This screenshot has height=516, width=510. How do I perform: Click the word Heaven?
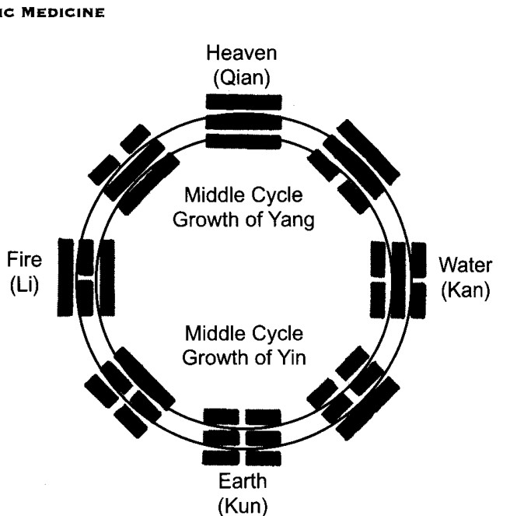(241, 53)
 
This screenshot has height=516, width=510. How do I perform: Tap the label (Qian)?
(242, 78)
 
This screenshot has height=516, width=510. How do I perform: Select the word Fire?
(24, 259)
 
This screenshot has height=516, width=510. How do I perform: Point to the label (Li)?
(24, 285)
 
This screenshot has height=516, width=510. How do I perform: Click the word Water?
(465, 265)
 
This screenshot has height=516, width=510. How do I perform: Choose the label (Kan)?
(465, 290)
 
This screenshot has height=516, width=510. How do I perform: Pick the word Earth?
(243, 481)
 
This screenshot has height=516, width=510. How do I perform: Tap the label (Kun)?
(243, 506)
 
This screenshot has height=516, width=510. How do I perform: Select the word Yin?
(292, 357)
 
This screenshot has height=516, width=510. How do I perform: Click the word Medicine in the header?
(63, 12)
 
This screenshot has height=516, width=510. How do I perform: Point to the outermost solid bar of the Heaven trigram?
(243, 102)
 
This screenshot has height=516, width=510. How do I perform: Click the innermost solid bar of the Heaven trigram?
(243, 141)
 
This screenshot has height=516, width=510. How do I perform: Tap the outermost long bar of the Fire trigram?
(65, 277)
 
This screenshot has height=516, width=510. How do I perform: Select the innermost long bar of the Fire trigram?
(107, 278)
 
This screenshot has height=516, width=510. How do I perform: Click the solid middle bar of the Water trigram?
(399, 280)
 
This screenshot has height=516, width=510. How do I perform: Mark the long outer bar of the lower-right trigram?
(368, 409)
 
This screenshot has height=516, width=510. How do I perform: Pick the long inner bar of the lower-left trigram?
(145, 378)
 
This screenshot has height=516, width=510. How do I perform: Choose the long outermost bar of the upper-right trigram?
(369, 153)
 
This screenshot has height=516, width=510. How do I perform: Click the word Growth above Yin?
(215, 358)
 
